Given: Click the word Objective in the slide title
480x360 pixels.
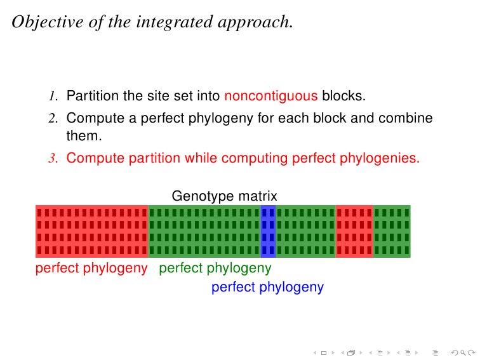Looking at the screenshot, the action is (48, 22).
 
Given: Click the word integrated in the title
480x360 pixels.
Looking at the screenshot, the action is (175, 22).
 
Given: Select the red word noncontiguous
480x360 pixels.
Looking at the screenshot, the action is (271, 96).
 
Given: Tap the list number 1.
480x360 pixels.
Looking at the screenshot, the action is (53, 96).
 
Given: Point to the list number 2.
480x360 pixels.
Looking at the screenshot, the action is (53, 118).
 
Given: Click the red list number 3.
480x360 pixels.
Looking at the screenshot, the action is (53, 158).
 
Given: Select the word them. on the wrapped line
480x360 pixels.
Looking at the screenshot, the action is (84, 136).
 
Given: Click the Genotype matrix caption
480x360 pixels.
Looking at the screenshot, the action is (224, 196).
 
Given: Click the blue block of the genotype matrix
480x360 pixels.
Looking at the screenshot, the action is (268, 231).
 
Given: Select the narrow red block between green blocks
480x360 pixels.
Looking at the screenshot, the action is (354, 231).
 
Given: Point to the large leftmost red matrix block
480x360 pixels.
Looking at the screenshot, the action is (92, 231).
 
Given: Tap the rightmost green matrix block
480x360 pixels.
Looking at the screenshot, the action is (392, 231).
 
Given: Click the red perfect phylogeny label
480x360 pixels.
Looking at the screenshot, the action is (91, 269).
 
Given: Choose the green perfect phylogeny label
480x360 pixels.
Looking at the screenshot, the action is (215, 269).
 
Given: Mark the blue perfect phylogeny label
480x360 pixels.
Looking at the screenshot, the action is (267, 288).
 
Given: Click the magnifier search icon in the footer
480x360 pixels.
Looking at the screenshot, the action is (463, 353).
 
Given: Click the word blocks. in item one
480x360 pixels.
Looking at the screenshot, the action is (343, 95).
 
